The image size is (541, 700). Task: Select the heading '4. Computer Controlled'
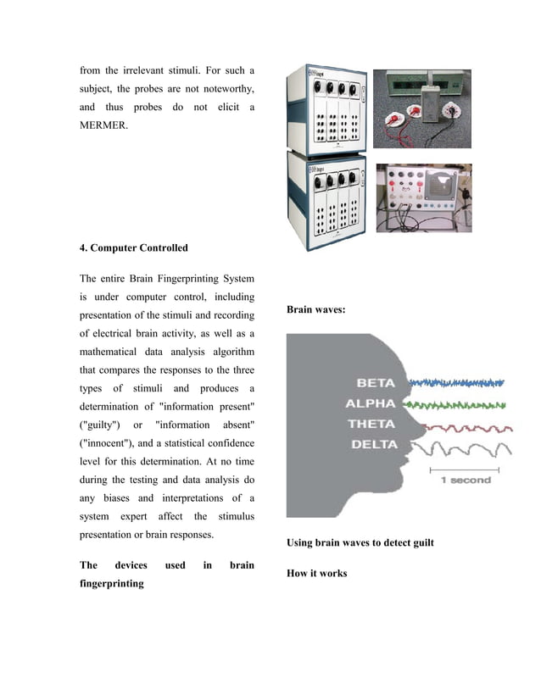click(134, 248)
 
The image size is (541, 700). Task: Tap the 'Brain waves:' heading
click(315, 310)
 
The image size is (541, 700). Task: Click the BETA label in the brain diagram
click(376, 383)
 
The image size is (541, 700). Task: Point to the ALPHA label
click(371, 403)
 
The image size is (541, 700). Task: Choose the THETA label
click(371, 423)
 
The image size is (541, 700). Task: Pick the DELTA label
click(371, 443)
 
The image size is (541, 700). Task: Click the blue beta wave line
click(458, 383)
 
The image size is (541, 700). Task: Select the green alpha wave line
click(458, 404)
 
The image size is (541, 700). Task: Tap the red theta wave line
click(458, 424)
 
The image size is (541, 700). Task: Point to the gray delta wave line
click(458, 446)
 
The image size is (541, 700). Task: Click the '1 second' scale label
click(466, 481)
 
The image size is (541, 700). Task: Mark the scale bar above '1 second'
click(467, 468)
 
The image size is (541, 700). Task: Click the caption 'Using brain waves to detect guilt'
click(360, 542)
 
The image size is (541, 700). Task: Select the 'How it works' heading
click(316, 574)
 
